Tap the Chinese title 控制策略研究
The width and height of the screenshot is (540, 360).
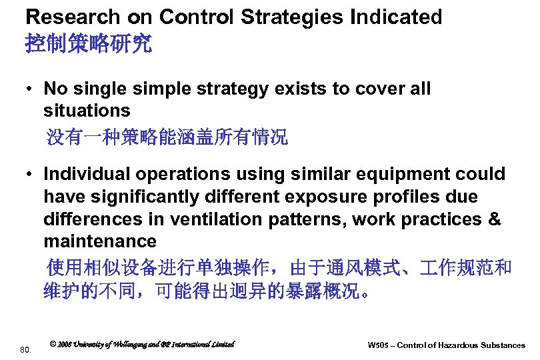(x=88, y=45)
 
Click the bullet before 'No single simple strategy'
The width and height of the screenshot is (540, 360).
(x=31, y=89)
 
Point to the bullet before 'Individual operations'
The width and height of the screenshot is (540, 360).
(x=31, y=175)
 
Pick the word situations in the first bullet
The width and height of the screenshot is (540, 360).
(x=87, y=109)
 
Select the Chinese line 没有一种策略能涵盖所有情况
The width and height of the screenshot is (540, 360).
(x=167, y=138)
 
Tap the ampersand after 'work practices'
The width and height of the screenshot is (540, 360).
(x=494, y=219)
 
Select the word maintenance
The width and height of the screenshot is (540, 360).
(x=99, y=241)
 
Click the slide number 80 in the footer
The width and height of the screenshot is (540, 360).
(x=25, y=349)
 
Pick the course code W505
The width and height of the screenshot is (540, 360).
(x=380, y=345)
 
